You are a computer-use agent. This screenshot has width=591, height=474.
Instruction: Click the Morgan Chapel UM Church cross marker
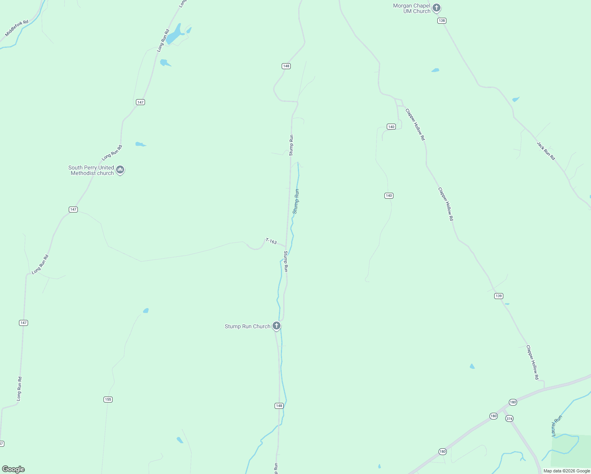tap(436, 8)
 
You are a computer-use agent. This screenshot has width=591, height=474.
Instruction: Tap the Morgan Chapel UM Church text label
tap(411, 8)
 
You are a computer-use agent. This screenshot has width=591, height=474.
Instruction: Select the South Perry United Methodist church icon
tap(120, 170)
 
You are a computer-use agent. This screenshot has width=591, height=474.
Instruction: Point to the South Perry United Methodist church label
tap(91, 170)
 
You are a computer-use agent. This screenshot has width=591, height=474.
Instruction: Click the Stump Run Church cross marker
tap(277, 326)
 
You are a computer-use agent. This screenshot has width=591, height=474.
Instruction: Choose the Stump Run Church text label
tap(247, 326)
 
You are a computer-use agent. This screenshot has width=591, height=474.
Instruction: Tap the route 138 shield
tap(442, 21)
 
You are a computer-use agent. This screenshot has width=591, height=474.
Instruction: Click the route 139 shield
tap(499, 296)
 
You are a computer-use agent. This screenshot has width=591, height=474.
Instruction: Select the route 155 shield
tap(108, 399)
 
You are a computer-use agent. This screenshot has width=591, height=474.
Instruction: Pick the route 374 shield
tap(509, 419)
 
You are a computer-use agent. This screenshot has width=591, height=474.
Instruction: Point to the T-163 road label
tap(271, 241)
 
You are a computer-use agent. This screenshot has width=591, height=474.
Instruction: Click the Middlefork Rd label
tap(17, 28)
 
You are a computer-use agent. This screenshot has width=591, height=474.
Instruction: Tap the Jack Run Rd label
tap(546, 151)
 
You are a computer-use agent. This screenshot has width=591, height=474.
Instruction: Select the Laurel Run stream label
tap(557, 426)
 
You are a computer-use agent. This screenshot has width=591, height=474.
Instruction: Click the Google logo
tap(13, 469)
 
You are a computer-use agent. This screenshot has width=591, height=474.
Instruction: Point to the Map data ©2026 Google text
tap(567, 471)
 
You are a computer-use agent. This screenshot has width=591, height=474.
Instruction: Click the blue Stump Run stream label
tap(296, 201)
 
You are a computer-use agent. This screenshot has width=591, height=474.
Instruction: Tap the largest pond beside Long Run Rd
tap(174, 35)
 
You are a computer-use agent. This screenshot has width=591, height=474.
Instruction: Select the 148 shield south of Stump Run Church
tap(279, 406)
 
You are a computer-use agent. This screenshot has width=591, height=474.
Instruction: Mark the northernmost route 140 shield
tap(391, 127)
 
